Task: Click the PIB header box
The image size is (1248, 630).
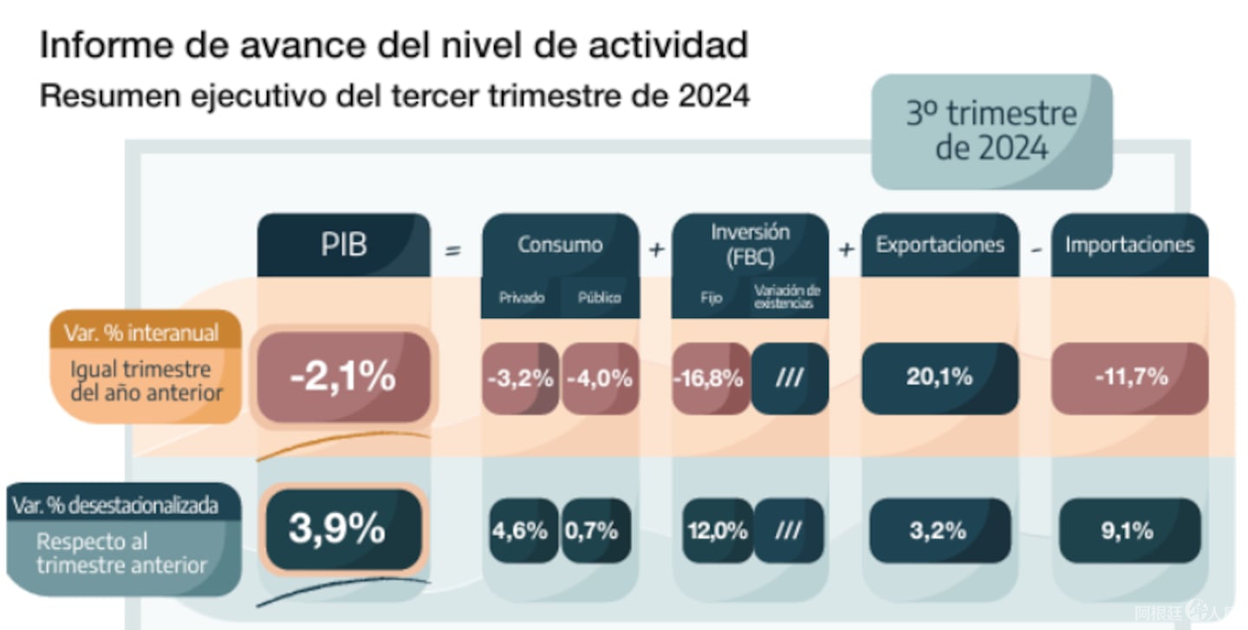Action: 343,245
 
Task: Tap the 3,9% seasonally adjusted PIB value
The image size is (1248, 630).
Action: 337,529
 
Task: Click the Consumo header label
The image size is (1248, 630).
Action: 560,245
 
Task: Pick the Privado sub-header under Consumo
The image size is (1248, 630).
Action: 522,298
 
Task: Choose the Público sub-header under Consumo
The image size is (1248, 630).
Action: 599,298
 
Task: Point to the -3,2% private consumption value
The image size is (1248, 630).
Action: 520,379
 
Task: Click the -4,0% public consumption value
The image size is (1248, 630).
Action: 600,379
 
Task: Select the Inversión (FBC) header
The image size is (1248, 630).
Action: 750,244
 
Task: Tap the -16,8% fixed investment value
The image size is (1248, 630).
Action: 710,379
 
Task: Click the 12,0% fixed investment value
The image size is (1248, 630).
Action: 717,530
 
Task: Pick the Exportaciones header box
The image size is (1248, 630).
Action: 939,245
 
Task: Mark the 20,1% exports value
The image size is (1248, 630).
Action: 939,378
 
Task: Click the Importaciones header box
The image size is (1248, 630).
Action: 1129,245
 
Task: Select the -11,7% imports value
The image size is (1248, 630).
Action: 1129,378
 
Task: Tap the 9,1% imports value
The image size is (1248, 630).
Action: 1128,530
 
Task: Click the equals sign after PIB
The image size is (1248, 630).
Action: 452,250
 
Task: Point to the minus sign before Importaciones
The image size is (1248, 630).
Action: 1036,250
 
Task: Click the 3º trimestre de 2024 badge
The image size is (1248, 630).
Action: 991,131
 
